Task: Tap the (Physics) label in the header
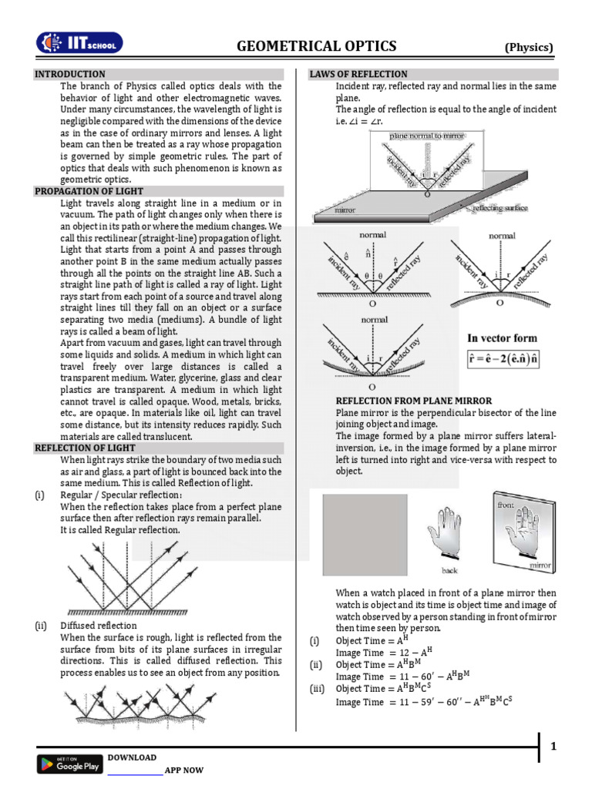[529, 48]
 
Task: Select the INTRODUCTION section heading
[70, 74]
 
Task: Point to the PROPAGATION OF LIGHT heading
[89, 191]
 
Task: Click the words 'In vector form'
[502, 337]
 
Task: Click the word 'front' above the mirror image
[506, 503]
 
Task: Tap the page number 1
[553, 746]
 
